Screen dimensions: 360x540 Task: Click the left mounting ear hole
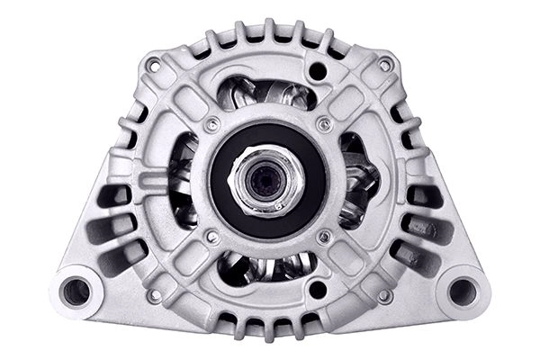pos(77,291)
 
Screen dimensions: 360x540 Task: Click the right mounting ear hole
pos(463,290)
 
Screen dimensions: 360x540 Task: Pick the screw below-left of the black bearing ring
pos(211,237)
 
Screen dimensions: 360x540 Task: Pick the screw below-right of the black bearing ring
pos(323,237)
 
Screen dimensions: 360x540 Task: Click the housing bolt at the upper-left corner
pos(153,66)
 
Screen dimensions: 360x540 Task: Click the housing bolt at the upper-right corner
pos(384,66)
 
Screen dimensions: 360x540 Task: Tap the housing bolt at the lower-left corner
pos(153,294)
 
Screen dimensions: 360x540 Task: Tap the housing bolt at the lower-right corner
pos(384,294)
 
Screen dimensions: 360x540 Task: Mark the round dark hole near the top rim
pos(317,69)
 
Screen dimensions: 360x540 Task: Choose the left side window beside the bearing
pos(182,180)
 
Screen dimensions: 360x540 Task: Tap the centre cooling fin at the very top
pos(267,31)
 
